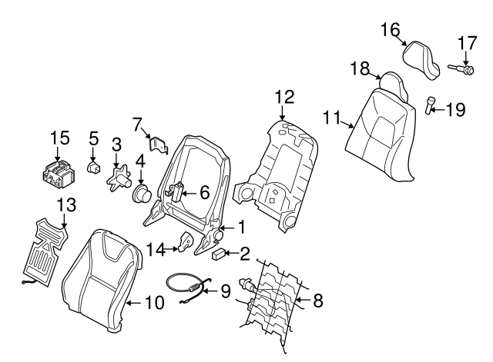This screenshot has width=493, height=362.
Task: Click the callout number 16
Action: coord(391,30)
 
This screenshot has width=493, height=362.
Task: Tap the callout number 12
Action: coord(283,97)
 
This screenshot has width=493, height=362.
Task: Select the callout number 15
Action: coord(59,138)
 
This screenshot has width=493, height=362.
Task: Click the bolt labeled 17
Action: coord(462,69)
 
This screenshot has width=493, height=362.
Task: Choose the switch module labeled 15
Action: coord(58,174)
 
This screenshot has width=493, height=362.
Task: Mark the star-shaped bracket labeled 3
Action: coord(117,175)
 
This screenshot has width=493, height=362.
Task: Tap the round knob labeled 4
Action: coord(143,194)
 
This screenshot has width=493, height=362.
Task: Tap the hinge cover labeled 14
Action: coord(187,242)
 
